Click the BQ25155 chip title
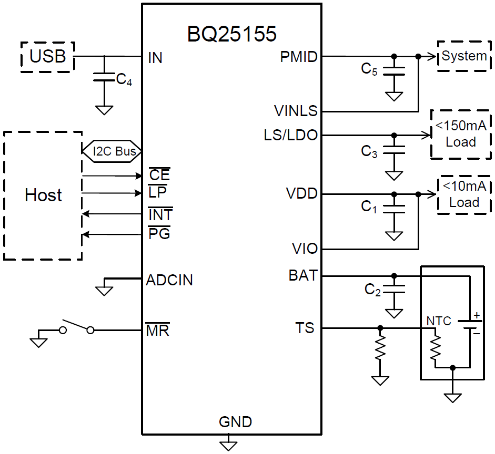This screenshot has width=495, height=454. (231, 34)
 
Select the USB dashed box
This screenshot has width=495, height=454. (48, 56)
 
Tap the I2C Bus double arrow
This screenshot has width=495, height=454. (111, 151)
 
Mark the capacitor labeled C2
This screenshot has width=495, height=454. (394, 288)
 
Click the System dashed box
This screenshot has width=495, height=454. (463, 56)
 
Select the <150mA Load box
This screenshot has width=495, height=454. (460, 134)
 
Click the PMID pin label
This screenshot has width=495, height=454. (299, 57)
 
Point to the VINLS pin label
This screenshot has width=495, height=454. (296, 111)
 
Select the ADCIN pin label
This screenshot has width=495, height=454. (169, 280)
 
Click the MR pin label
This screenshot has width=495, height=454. (157, 331)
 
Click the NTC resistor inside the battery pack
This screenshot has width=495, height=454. (435, 347)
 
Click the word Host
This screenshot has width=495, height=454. (43, 195)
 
